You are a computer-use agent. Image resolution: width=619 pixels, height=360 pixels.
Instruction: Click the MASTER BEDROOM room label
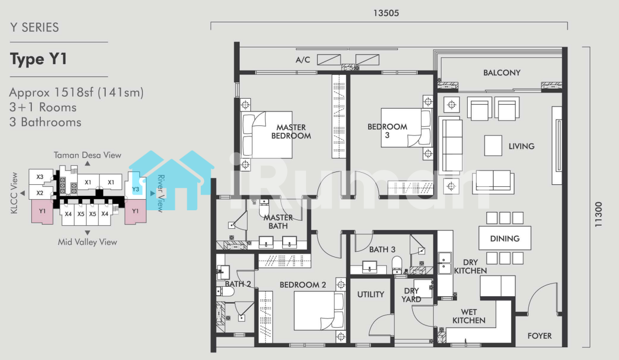(x=291, y=132)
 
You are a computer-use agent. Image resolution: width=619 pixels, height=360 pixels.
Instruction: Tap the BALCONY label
(x=502, y=73)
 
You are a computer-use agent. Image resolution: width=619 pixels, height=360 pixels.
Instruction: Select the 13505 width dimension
(x=386, y=13)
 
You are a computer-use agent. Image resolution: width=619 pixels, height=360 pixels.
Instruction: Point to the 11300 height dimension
(x=598, y=214)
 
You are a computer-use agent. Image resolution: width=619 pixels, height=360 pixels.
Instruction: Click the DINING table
(x=505, y=238)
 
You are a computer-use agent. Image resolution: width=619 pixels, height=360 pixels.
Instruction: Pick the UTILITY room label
(x=371, y=294)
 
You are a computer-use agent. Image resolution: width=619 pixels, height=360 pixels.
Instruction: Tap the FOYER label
(x=540, y=336)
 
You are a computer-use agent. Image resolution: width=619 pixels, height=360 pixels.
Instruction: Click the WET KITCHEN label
(x=469, y=316)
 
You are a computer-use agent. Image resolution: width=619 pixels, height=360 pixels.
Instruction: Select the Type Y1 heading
(x=39, y=59)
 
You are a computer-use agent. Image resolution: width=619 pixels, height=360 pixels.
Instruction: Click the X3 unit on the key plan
(x=40, y=177)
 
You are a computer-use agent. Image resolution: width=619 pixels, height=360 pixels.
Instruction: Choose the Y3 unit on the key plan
(x=135, y=189)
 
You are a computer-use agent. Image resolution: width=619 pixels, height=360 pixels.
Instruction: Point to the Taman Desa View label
(x=87, y=155)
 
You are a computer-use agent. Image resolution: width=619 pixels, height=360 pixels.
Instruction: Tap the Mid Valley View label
(x=87, y=242)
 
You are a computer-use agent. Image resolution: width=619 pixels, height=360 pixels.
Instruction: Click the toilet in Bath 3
(x=397, y=264)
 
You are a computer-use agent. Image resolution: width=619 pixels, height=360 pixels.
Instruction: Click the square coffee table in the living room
(x=493, y=145)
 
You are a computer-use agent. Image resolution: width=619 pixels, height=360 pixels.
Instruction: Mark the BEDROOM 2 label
(x=303, y=285)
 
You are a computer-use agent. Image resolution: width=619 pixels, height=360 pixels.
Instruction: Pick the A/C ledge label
(x=303, y=60)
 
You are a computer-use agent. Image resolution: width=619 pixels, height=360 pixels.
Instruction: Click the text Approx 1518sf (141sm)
(x=77, y=93)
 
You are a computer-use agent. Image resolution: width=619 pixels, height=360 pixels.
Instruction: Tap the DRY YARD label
(x=411, y=295)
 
